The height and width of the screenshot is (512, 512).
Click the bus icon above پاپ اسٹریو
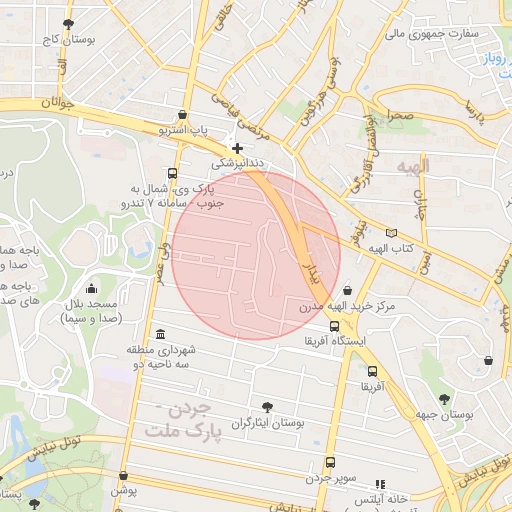181,115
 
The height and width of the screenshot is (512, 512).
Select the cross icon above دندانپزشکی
237,148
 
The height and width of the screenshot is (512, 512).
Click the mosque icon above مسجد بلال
92,288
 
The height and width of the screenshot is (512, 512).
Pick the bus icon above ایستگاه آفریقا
333,326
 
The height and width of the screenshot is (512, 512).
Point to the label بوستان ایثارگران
267,424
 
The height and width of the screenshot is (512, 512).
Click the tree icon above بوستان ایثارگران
267,407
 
